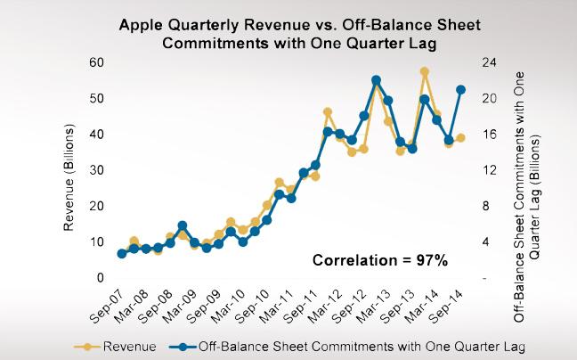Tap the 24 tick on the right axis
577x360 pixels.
point(489,62)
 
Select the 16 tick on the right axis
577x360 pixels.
point(489,135)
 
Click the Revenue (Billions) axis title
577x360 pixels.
point(69,171)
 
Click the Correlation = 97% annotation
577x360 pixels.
point(379,261)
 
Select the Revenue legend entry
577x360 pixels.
point(123,345)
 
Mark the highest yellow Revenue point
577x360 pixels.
point(425,72)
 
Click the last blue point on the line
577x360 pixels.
point(461,89)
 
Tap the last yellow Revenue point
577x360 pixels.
point(461,138)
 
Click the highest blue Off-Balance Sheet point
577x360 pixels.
point(376,80)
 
